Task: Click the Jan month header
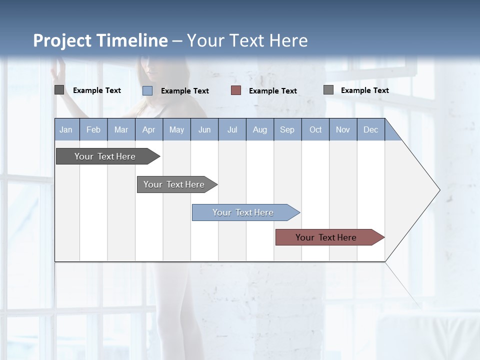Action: pyautogui.click(x=66, y=129)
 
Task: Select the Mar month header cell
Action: pyautogui.click(x=121, y=129)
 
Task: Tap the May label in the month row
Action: pyautogui.click(x=176, y=129)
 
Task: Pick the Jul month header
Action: pyautogui.click(x=232, y=129)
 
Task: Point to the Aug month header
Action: pyautogui.click(x=259, y=129)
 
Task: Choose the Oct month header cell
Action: pyautogui.click(x=315, y=129)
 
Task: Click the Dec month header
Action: pyautogui.click(x=370, y=129)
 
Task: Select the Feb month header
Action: pyautogui.click(x=93, y=129)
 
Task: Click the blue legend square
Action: pyautogui.click(x=147, y=90)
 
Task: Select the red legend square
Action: pyautogui.click(x=236, y=90)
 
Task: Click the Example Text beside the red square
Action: pyautogui.click(x=272, y=91)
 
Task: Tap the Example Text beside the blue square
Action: pyautogui.click(x=184, y=91)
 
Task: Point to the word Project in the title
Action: pyautogui.click(x=61, y=40)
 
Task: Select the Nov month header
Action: pyautogui.click(x=343, y=129)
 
